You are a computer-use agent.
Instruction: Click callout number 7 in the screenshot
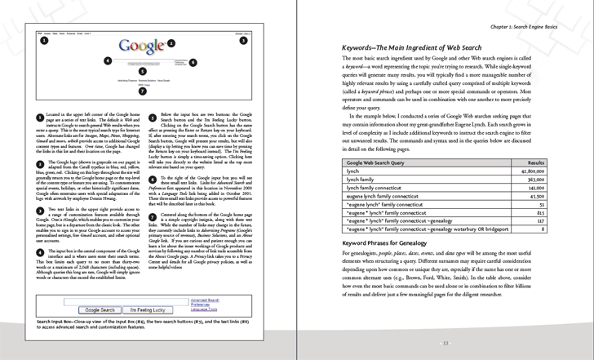[143, 91]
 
